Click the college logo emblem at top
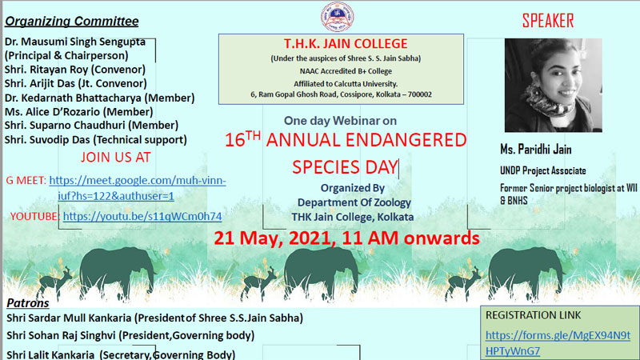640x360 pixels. (x=337, y=16)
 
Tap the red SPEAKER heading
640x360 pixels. (x=548, y=21)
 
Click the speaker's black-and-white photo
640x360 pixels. (x=553, y=85)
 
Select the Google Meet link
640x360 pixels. (x=138, y=188)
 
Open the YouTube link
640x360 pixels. (x=142, y=216)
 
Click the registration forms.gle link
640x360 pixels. (x=558, y=343)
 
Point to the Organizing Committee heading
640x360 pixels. (x=71, y=22)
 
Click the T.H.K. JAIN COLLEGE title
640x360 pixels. (x=346, y=44)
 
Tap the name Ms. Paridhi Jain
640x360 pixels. (x=535, y=150)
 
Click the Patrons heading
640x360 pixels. (x=28, y=303)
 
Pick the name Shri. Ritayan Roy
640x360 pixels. (x=48, y=70)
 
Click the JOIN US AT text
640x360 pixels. (x=115, y=157)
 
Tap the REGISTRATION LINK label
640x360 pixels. (x=533, y=315)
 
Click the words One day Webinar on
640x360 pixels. (x=341, y=121)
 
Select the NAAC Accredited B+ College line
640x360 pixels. (x=346, y=71)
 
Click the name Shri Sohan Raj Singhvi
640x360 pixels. (x=61, y=335)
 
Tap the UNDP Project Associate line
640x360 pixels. (x=543, y=170)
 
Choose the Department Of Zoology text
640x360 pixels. (x=354, y=203)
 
